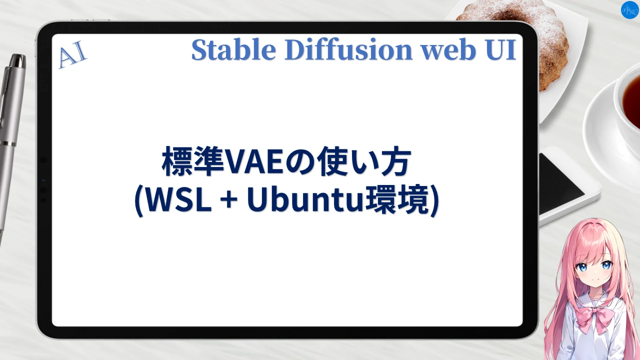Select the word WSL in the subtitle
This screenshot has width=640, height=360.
tap(177, 201)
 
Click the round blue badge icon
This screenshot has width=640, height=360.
tap(629, 10)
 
